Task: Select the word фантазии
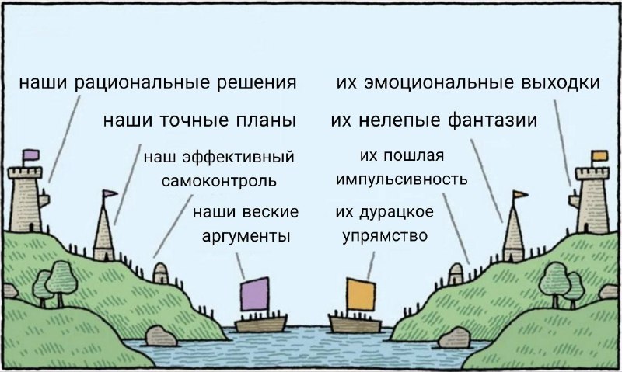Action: point(493,120)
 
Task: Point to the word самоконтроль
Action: point(219,181)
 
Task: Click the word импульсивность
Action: point(401,179)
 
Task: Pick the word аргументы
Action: point(246,237)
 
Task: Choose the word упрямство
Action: point(385,236)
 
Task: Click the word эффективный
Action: point(238,157)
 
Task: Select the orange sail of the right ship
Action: point(361,294)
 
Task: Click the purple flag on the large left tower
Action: point(31,155)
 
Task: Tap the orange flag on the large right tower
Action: point(599,155)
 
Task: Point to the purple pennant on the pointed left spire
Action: point(110,193)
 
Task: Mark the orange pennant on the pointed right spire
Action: point(520,194)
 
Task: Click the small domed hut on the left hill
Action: point(161,273)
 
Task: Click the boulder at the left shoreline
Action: point(161,336)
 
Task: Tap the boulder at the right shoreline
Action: point(454,338)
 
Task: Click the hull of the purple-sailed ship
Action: point(260,323)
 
